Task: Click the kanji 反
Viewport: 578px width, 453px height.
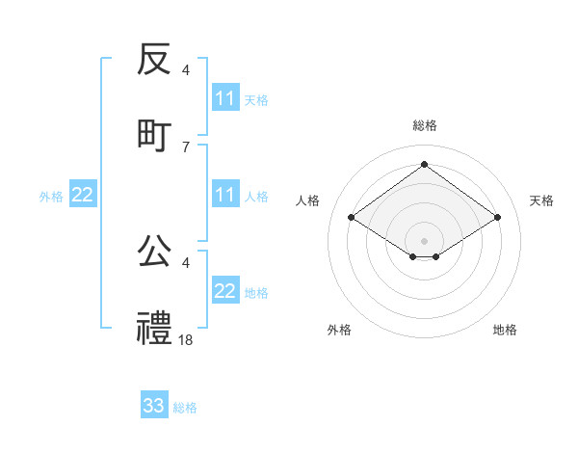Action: [154, 61]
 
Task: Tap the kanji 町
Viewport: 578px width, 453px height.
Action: [154, 135]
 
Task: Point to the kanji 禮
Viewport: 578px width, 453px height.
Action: [154, 328]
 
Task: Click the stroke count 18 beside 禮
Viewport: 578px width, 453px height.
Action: [186, 339]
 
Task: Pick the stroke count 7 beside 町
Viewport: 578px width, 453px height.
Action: [186, 147]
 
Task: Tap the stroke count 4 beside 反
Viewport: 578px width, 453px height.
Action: [186, 70]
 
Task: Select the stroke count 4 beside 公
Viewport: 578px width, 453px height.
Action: [186, 262]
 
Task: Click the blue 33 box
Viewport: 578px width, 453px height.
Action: [154, 406]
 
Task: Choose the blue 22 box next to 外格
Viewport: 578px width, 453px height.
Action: [83, 195]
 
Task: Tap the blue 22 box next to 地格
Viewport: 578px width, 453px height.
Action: [225, 291]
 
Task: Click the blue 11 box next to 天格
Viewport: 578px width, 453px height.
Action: [225, 98]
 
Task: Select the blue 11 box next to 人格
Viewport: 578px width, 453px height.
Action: [225, 195]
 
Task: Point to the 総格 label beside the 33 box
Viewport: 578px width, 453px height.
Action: [185, 408]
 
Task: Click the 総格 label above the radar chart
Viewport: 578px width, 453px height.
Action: [425, 125]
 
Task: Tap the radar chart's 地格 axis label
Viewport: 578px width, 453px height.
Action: [505, 330]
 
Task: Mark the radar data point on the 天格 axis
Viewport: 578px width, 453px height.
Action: [497, 218]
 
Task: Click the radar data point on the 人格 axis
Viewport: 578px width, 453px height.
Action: [352, 218]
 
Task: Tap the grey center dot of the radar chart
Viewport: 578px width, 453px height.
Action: [425, 239]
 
